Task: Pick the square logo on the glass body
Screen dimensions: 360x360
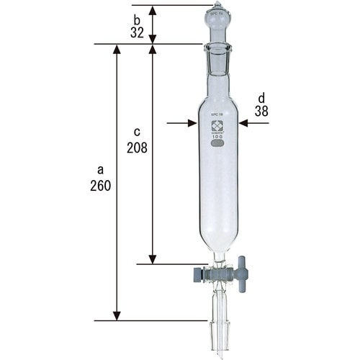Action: click(x=217, y=123)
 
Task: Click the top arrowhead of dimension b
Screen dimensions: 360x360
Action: click(x=153, y=9)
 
